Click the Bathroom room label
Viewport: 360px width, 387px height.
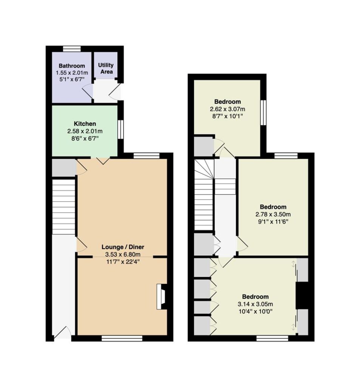tap(72, 66)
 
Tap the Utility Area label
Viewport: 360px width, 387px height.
tap(106, 68)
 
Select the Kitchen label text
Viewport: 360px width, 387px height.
tap(85, 124)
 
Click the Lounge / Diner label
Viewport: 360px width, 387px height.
tap(123, 247)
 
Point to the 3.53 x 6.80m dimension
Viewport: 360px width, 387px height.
tap(123, 254)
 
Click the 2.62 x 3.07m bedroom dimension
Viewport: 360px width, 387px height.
tap(227, 109)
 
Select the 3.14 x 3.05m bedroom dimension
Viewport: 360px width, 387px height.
tap(255, 304)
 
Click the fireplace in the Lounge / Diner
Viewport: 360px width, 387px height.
tap(162, 296)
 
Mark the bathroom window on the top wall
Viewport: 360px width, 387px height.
tap(71, 49)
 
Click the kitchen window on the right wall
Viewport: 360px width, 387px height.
tap(121, 129)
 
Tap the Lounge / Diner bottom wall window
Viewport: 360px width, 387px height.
tap(122, 338)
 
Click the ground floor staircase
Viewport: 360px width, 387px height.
tap(64, 207)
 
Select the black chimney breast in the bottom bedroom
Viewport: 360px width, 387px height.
tap(302, 295)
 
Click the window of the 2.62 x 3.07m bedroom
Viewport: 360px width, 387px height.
tap(264, 113)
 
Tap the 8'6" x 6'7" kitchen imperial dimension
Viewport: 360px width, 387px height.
tap(85, 138)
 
